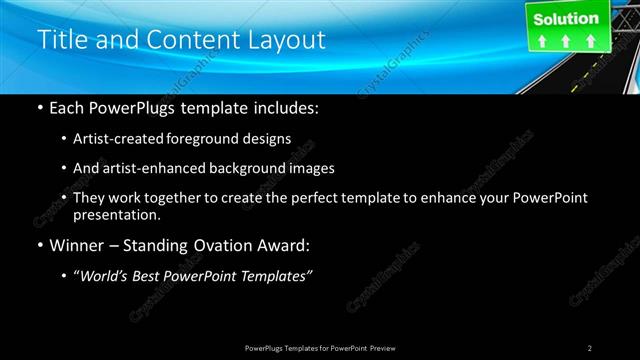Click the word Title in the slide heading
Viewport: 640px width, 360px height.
tap(59, 41)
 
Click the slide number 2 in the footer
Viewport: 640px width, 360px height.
tap(589, 348)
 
